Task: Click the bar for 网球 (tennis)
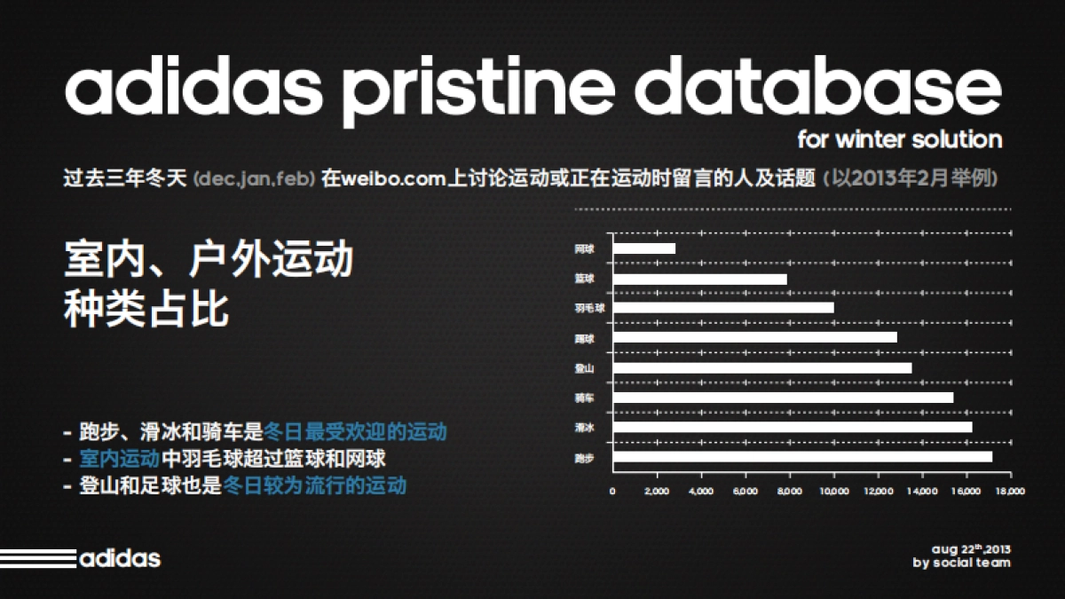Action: point(644,248)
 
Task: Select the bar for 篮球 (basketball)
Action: point(700,279)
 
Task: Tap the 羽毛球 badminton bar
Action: point(723,308)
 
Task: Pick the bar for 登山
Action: point(762,368)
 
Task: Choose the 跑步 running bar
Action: point(802,457)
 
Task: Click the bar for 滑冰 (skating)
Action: point(793,427)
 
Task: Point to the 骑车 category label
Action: point(584,398)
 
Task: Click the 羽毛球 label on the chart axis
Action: point(589,308)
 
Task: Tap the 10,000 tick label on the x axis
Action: point(834,491)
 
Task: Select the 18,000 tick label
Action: point(1010,491)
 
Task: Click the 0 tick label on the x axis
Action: point(612,491)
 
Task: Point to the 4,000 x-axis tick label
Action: point(701,491)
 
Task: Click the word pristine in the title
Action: point(478,91)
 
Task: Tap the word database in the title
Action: point(818,85)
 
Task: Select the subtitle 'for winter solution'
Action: point(900,139)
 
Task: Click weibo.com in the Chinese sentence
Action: point(394,178)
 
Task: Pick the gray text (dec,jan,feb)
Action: point(255,178)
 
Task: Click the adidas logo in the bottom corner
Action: point(81,558)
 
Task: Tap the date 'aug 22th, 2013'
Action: point(971,549)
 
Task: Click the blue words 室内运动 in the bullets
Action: point(119,458)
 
